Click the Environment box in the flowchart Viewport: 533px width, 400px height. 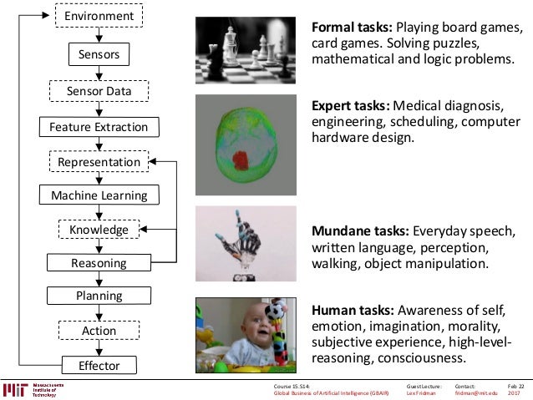tap(99, 16)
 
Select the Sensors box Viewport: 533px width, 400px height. tap(99, 55)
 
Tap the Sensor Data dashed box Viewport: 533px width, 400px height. tap(99, 90)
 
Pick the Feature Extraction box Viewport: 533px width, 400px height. tap(99, 127)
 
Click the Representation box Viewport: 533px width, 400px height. tap(99, 161)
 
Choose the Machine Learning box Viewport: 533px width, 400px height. tap(99, 195)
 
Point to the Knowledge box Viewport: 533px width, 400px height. tap(99, 229)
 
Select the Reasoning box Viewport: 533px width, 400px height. tap(99, 263)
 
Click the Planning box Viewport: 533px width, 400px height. tap(99, 296)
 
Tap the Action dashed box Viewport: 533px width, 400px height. tap(99, 331)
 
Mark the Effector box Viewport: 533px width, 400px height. tap(99, 365)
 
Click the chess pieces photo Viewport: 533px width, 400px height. tap(246, 51)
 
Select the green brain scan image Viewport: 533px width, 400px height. tap(245, 144)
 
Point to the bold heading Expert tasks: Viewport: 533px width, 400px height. tap(350, 107)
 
